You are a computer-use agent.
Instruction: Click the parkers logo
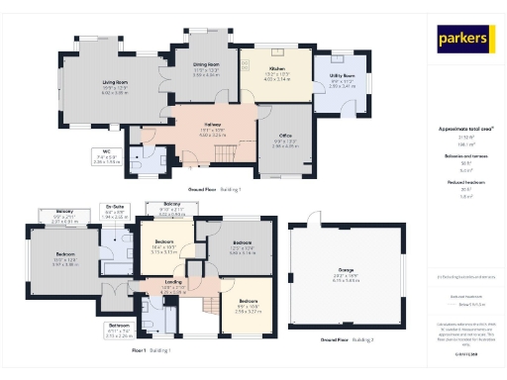click(464, 40)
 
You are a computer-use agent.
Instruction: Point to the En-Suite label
click(114, 209)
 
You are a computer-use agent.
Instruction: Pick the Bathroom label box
click(119, 326)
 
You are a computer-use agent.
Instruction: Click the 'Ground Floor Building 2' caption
click(346, 340)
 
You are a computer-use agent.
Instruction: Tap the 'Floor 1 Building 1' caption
click(152, 350)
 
